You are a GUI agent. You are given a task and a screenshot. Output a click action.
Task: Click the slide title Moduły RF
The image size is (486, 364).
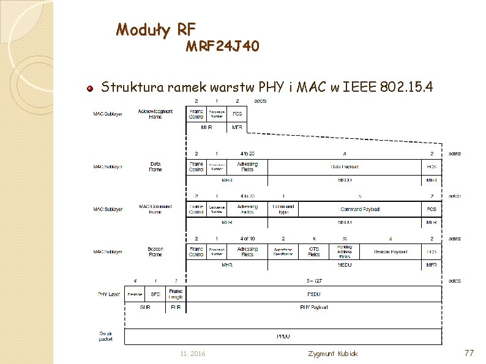(155, 29)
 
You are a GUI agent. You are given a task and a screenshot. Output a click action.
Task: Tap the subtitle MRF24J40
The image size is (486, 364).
(222, 46)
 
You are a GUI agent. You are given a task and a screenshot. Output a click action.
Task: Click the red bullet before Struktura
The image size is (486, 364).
(89, 87)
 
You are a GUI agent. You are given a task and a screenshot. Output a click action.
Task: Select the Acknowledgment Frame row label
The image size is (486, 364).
(155, 114)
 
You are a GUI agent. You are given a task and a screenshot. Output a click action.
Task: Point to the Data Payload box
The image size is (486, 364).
(345, 166)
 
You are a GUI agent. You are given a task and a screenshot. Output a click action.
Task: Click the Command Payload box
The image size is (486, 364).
(360, 209)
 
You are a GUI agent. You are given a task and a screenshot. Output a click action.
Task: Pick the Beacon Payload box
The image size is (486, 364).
(391, 251)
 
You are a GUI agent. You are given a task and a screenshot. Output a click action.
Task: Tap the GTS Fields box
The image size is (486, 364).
(314, 251)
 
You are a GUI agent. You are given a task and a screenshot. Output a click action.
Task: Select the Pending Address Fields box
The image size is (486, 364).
(344, 251)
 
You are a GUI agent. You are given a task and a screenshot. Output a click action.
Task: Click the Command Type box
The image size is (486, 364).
(283, 209)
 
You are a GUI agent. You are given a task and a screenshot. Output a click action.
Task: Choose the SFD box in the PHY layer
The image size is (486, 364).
(155, 294)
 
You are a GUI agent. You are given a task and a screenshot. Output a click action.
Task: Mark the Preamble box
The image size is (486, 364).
(135, 294)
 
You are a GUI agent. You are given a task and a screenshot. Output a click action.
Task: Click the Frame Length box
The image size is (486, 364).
(176, 294)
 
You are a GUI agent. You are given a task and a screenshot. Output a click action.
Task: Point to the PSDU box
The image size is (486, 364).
(313, 294)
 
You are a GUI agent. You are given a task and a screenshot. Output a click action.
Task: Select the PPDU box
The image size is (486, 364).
(283, 336)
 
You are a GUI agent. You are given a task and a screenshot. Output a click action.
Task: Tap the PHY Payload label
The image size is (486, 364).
(313, 307)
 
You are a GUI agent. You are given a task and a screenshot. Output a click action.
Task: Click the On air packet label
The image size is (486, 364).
(107, 336)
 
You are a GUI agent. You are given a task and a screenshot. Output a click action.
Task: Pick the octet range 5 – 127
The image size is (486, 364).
(314, 281)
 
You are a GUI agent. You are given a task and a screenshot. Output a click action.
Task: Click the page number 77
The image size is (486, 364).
(469, 353)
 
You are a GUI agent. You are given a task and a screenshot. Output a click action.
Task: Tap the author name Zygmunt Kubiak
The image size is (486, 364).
(333, 354)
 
